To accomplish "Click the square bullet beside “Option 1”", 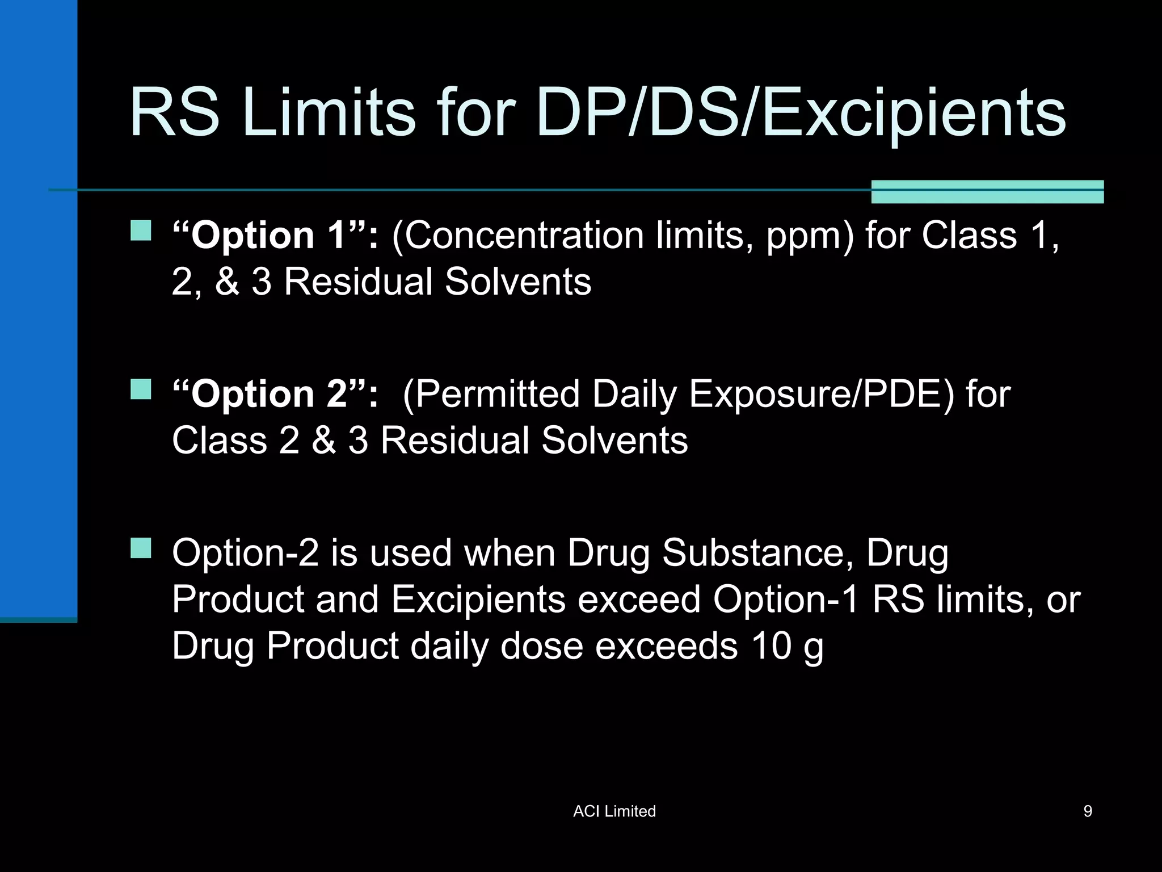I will tap(141, 231).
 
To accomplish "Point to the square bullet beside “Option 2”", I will tap(141, 390).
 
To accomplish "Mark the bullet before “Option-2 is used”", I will tap(141, 548).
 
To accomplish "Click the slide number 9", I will tap(1088, 811).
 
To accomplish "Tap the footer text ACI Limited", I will tap(614, 811).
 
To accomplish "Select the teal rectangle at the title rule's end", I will tap(987, 191).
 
